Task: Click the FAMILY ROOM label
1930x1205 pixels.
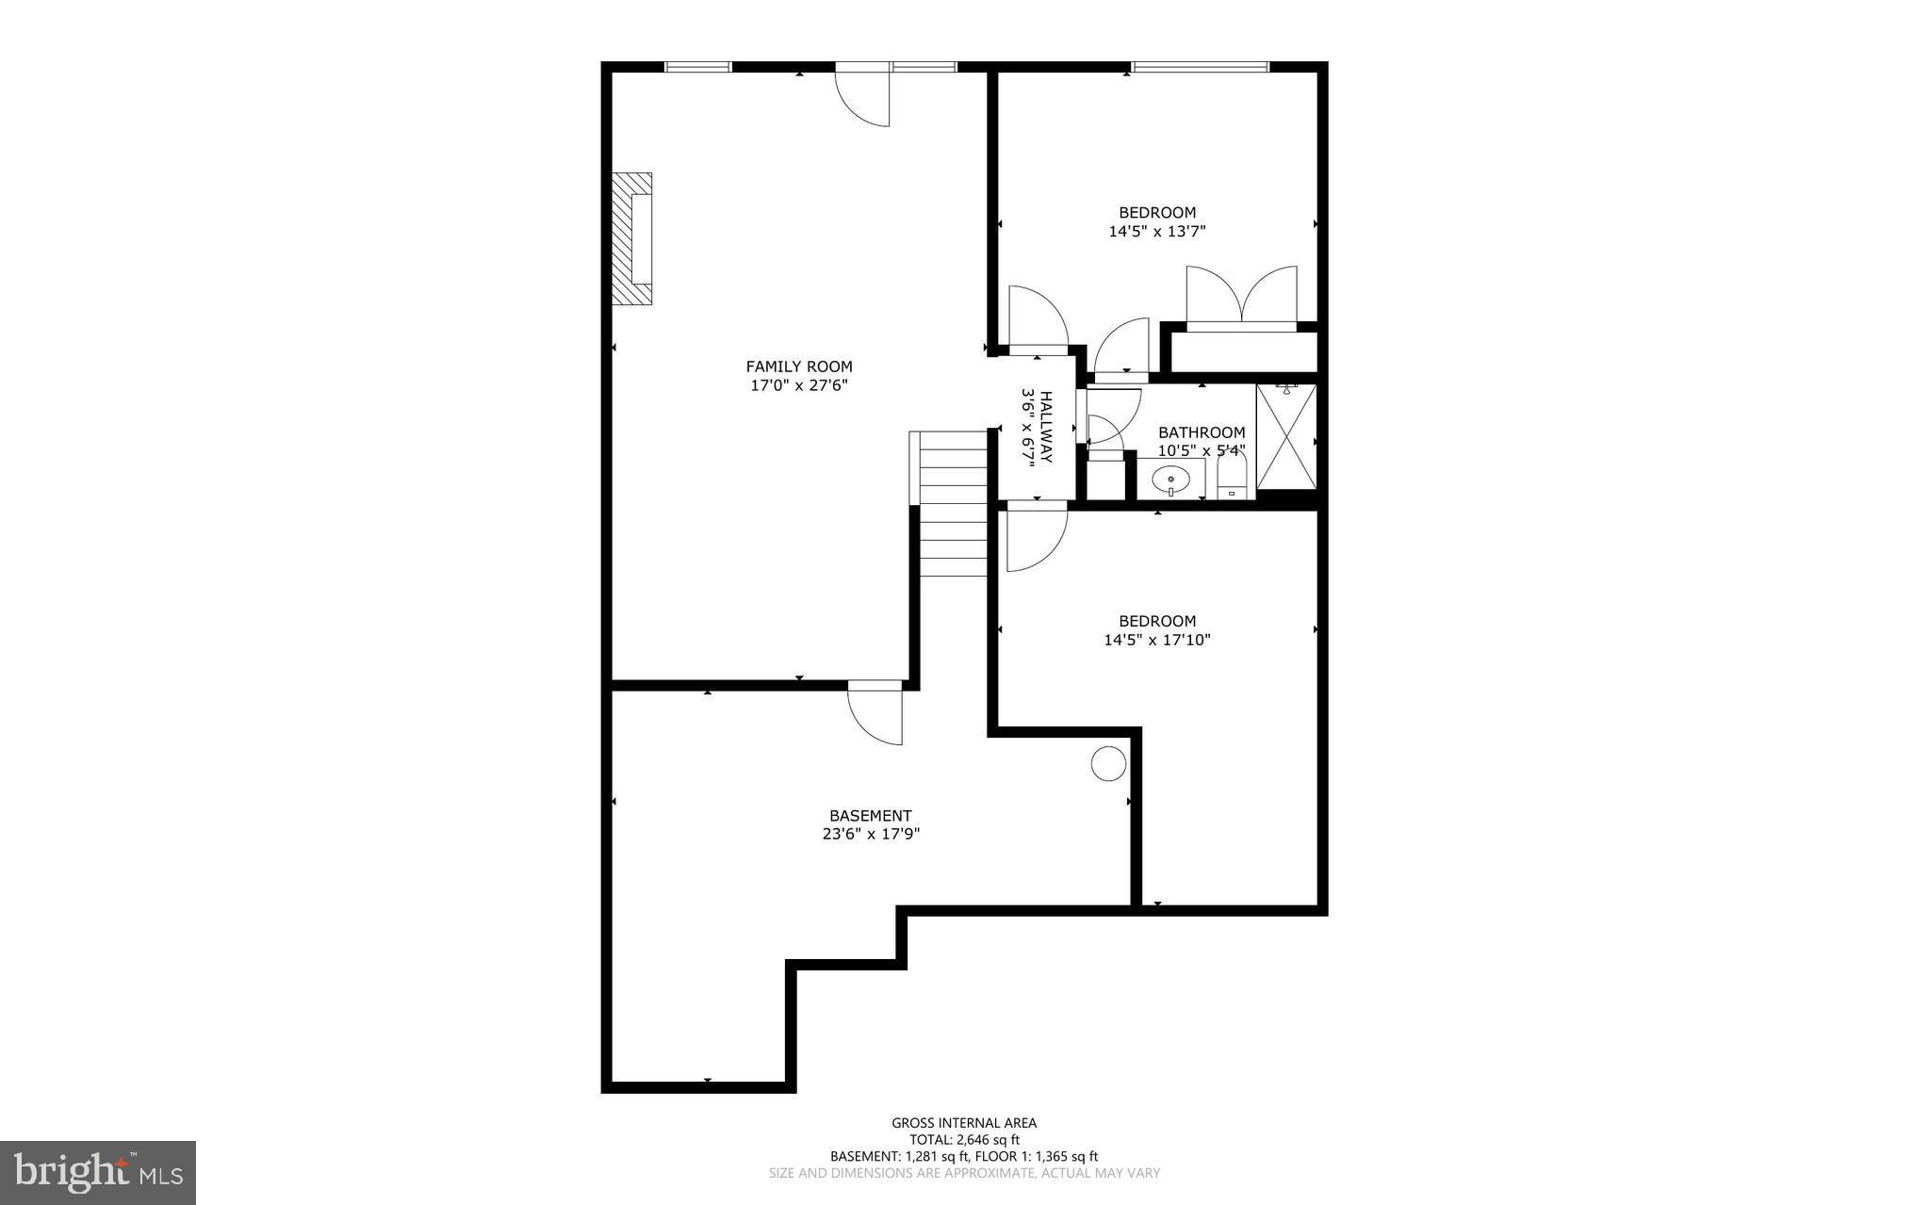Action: click(x=799, y=366)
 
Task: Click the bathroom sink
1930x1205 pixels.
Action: click(x=1170, y=480)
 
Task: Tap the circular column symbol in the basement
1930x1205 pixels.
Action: click(x=1108, y=762)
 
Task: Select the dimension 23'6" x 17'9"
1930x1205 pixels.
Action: click(x=871, y=834)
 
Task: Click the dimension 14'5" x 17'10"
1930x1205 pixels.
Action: click(x=1157, y=640)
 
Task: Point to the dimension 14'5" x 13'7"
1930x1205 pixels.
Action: click(x=1157, y=231)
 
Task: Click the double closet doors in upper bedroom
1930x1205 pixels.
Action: click(x=1241, y=296)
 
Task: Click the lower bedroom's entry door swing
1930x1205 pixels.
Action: click(x=1035, y=539)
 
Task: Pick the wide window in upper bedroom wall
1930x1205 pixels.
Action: click(x=1200, y=67)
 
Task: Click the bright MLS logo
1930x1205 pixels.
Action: click(x=98, y=1172)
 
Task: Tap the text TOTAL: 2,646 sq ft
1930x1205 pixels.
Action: click(x=964, y=1139)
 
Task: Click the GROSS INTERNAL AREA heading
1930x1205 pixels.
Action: click(x=964, y=1122)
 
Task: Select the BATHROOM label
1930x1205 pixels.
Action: click(x=1202, y=432)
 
